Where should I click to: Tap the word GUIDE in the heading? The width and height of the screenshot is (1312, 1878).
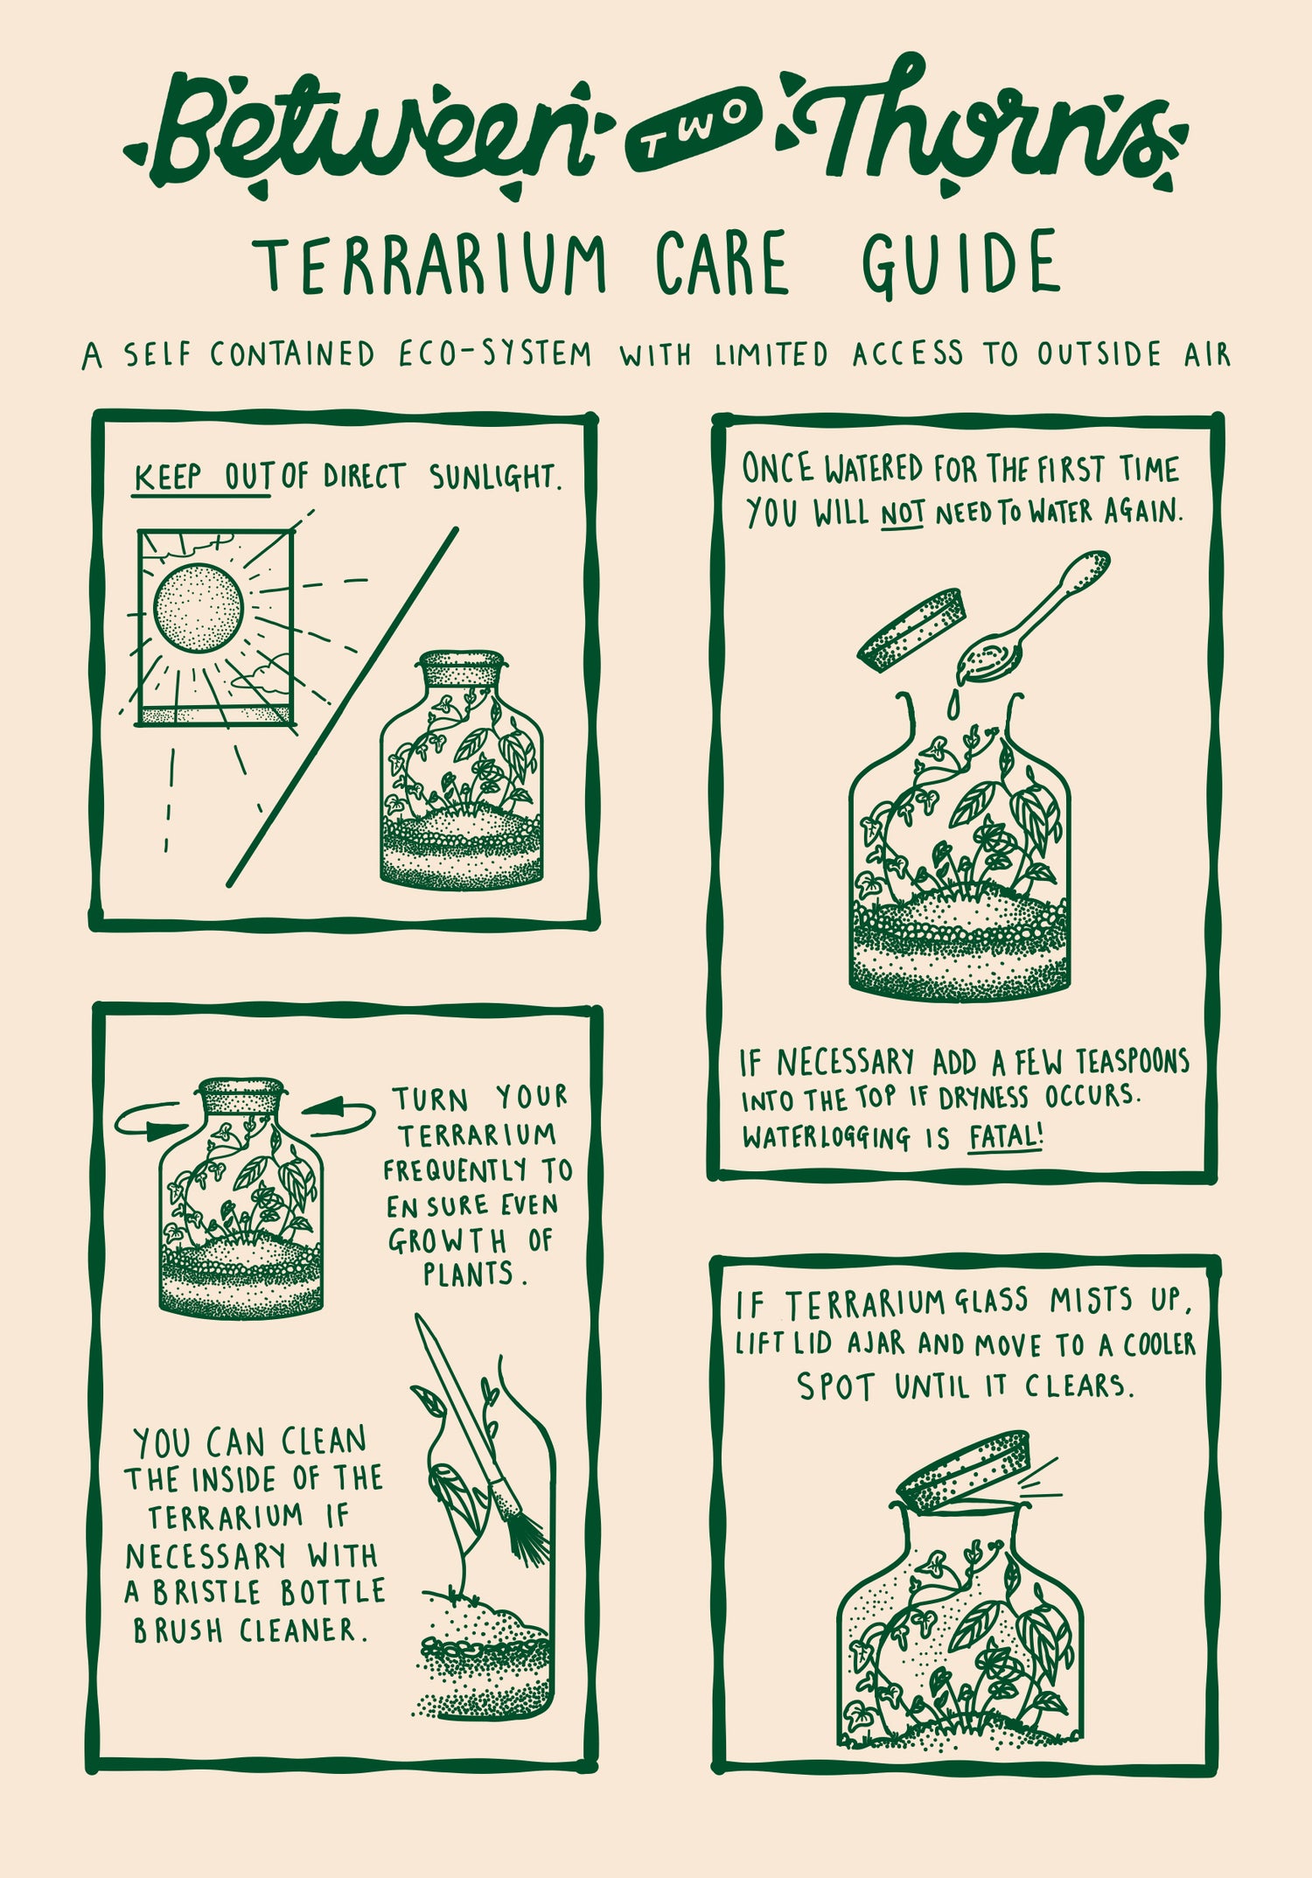[x=961, y=264]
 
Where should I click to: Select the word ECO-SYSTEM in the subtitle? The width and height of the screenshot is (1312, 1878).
[x=495, y=354]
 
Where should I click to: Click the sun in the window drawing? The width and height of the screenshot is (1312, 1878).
[x=199, y=607]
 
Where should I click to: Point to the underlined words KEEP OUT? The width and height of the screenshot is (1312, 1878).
[x=201, y=478]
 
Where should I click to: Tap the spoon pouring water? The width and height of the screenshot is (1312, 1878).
[x=1032, y=617]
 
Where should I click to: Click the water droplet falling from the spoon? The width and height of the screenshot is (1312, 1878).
[x=953, y=703]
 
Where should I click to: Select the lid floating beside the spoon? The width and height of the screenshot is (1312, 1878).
[x=911, y=629]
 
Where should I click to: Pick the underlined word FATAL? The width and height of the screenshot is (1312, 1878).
[x=1005, y=1137]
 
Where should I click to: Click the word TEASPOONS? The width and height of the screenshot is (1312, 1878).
[x=1133, y=1062]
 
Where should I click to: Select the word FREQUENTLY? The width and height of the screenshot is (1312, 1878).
[x=478, y=1170]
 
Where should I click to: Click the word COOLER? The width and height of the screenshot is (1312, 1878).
[x=1159, y=1344]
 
